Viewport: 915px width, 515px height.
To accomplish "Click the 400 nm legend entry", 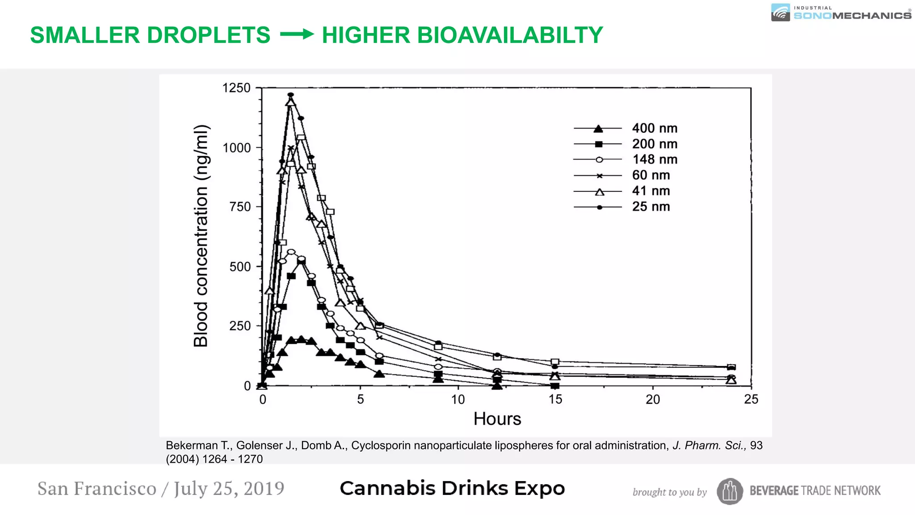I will tap(654, 128).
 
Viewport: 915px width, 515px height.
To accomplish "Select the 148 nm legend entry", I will tap(654, 160).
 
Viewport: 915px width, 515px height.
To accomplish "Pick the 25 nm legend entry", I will tap(651, 207).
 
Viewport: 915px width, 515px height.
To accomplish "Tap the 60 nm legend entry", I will tap(651, 175).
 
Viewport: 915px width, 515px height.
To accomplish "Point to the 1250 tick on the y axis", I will tap(236, 88).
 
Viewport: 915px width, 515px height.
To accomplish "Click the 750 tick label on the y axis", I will tap(240, 207).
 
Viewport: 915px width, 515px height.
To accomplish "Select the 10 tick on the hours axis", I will tap(457, 399).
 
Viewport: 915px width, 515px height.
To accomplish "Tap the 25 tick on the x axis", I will tap(751, 399).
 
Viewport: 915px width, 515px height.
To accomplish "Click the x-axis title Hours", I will tap(497, 419).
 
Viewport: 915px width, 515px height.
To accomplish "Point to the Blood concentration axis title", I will tap(201, 236).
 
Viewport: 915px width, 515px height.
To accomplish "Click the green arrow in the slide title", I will tap(297, 34).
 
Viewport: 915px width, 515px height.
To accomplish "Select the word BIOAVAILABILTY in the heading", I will tap(462, 35).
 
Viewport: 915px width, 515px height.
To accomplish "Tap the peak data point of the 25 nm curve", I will tap(291, 95).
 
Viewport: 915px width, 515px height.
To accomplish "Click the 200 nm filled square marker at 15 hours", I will tap(555, 386).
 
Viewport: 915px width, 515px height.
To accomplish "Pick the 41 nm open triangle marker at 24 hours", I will tap(731, 380).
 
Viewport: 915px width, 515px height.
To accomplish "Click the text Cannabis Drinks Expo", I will tap(452, 488).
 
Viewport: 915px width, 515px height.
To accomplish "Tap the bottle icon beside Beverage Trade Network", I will tap(730, 491).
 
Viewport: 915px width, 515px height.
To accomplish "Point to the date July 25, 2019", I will tap(229, 489).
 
